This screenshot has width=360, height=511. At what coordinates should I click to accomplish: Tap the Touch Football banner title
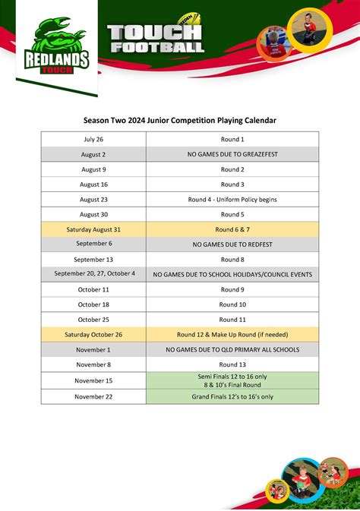coord(156,38)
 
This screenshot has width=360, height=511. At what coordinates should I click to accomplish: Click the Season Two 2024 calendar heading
coord(180,120)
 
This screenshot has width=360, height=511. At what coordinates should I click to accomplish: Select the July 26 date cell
coord(93,140)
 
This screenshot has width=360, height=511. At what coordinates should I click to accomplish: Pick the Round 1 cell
coord(232,140)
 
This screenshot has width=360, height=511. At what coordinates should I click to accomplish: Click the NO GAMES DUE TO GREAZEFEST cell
coord(232,154)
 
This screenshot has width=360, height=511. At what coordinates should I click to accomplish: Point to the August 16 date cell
coord(93,185)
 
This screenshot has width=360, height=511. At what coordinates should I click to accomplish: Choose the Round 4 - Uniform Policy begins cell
coord(232,200)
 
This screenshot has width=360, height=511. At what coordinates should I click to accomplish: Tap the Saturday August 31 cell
coord(93,229)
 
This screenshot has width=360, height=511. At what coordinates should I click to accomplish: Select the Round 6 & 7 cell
coord(232,229)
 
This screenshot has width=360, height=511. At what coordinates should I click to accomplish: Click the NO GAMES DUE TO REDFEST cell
coord(232,244)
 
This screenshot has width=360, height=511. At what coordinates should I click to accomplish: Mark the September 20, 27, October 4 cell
coord(94,274)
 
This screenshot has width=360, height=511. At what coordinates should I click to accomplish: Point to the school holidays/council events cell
coord(232,274)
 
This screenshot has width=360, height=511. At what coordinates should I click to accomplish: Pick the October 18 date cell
coord(93,304)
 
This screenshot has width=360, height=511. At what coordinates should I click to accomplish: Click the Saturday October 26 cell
coord(93,334)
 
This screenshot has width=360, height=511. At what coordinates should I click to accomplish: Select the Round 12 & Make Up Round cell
coord(232,334)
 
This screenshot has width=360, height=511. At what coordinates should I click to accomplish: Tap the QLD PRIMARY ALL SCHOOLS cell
coord(232,349)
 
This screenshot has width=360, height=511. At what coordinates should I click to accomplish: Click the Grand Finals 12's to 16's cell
coord(232,396)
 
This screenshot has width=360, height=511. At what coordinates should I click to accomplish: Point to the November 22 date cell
coord(93,396)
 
